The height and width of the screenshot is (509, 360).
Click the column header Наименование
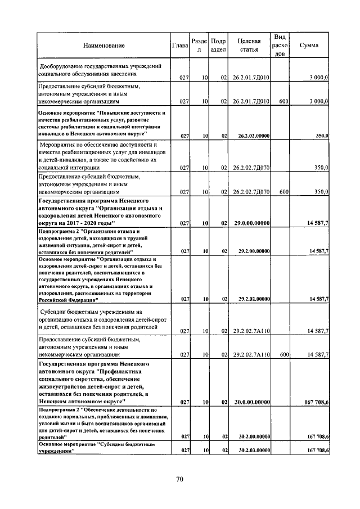point(103,46)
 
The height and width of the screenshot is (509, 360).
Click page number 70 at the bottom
point(180,479)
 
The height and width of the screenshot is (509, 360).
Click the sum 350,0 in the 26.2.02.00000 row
point(321,136)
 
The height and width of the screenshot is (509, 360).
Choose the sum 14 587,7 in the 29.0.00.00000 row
point(317,223)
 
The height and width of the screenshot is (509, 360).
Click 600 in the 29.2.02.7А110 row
point(283,355)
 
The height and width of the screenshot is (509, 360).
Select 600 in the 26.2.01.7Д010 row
point(283,101)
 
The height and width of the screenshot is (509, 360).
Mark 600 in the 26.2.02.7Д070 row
point(283,192)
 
